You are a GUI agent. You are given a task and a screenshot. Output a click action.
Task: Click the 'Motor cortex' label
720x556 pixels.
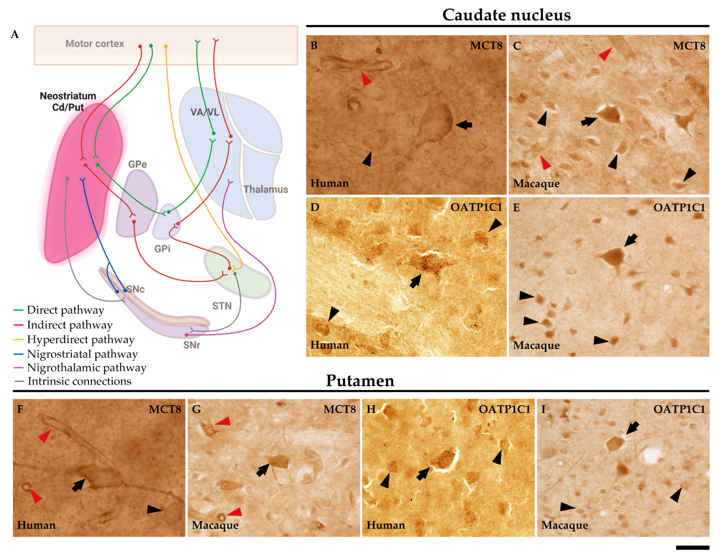[95, 44]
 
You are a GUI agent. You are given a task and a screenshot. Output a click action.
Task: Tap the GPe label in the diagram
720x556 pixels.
[138, 164]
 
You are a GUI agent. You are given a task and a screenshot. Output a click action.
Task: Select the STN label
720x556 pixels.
[222, 306]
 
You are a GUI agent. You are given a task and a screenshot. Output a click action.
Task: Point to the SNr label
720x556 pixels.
[191, 345]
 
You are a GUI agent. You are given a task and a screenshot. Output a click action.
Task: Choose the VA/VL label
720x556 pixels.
[204, 112]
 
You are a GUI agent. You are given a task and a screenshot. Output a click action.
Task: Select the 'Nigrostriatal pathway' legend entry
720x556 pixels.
[82, 354]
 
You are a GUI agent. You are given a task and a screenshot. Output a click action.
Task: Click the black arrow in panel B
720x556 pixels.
[464, 125]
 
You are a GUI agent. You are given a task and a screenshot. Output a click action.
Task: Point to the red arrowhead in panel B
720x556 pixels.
[366, 78]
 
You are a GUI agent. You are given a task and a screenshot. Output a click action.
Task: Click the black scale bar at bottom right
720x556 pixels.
[692, 547]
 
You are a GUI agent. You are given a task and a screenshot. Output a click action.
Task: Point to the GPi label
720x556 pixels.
[162, 249]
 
